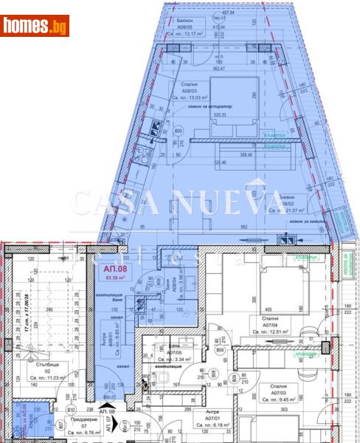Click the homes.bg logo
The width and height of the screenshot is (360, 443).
tap(35, 27)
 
